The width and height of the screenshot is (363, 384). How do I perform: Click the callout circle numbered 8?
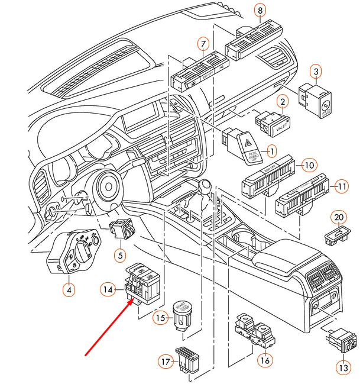(x=261, y=9)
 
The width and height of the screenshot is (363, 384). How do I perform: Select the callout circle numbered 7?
(x=203, y=44)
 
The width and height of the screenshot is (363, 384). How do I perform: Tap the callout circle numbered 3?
(x=316, y=72)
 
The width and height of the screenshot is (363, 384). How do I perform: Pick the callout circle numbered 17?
(x=166, y=360)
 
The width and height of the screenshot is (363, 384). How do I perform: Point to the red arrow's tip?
(x=132, y=300)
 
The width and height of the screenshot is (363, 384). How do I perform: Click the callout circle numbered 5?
(x=121, y=256)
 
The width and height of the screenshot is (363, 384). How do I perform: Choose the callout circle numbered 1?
(x=273, y=151)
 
